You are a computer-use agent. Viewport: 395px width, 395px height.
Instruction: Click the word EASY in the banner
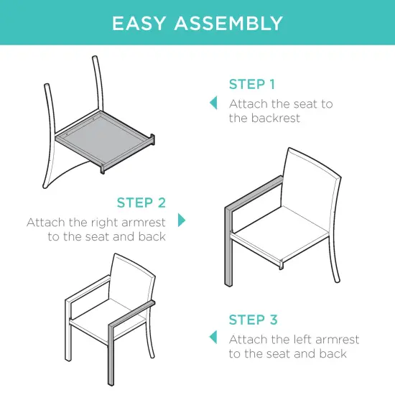(140, 23)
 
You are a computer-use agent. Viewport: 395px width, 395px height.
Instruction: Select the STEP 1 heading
(252, 85)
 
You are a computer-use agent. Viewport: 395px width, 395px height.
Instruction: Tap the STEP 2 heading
(141, 203)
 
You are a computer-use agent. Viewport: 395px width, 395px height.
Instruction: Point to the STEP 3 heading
(253, 320)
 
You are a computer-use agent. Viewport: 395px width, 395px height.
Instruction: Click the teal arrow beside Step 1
(213, 103)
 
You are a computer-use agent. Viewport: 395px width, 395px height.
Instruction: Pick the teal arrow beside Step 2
(182, 220)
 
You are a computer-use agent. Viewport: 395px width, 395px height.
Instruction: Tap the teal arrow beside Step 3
(213, 338)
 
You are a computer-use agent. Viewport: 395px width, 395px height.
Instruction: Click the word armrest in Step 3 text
(335, 339)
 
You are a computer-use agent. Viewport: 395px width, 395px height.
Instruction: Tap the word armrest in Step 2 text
(144, 222)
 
